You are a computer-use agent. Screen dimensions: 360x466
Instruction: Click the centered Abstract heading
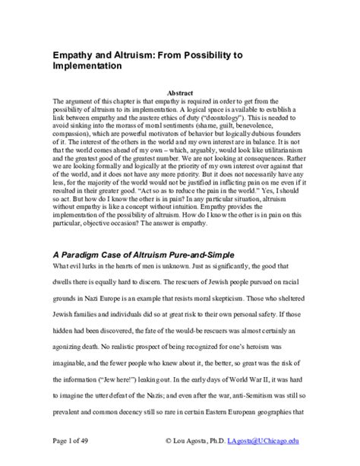[179, 92]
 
